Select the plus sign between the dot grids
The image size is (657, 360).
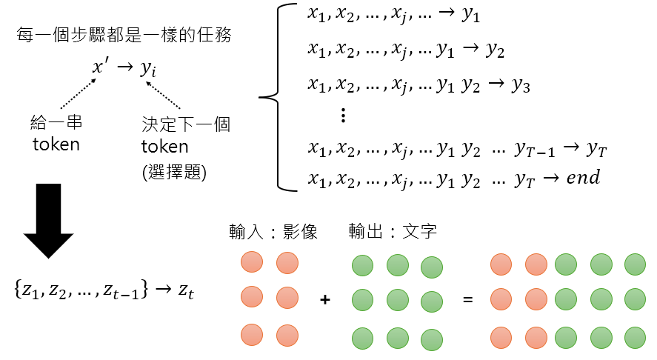click(324, 300)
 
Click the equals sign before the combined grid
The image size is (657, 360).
click(467, 300)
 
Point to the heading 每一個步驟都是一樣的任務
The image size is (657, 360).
click(125, 35)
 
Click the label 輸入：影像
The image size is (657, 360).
click(273, 233)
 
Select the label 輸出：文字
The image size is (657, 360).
click(393, 233)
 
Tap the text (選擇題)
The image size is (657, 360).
click(174, 174)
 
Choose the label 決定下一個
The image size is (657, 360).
click(185, 123)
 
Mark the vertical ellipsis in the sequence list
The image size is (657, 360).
click(342, 116)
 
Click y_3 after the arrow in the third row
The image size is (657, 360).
click(521, 85)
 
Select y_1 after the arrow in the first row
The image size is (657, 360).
click(472, 16)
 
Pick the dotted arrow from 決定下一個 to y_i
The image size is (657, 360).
click(164, 96)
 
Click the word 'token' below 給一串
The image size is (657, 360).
click(56, 144)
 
